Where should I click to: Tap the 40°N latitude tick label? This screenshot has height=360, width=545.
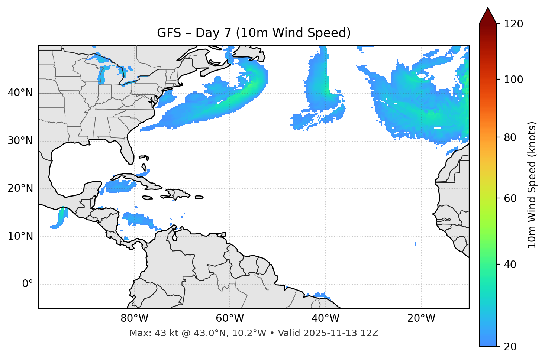pyautogui.click(x=20, y=93)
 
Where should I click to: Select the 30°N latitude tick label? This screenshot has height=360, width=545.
pyautogui.click(x=20, y=141)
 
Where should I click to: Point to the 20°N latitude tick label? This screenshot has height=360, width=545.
pyautogui.click(x=20, y=188)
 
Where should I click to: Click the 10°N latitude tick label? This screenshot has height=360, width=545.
pyautogui.click(x=20, y=236)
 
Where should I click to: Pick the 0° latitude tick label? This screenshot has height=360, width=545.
pyautogui.click(x=28, y=284)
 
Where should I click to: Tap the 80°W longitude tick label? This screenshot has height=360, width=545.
pyautogui.click(x=134, y=318)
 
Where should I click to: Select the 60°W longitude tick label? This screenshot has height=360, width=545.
pyautogui.click(x=230, y=318)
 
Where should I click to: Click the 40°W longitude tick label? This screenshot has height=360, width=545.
pyautogui.click(x=325, y=318)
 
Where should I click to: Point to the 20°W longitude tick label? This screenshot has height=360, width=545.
pyautogui.click(x=421, y=318)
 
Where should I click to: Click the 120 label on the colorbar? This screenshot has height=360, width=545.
pyautogui.click(x=513, y=24)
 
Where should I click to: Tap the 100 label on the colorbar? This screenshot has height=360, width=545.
pyautogui.click(x=513, y=80)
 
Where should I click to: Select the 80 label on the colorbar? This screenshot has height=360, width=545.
pyautogui.click(x=510, y=137)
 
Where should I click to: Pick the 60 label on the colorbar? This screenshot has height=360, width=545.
pyautogui.click(x=510, y=198)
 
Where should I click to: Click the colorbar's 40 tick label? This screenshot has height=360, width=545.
pyautogui.click(x=510, y=265)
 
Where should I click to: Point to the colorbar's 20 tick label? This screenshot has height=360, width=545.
pyautogui.click(x=510, y=347)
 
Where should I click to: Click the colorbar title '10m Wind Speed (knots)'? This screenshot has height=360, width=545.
pyautogui.click(x=532, y=185)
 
